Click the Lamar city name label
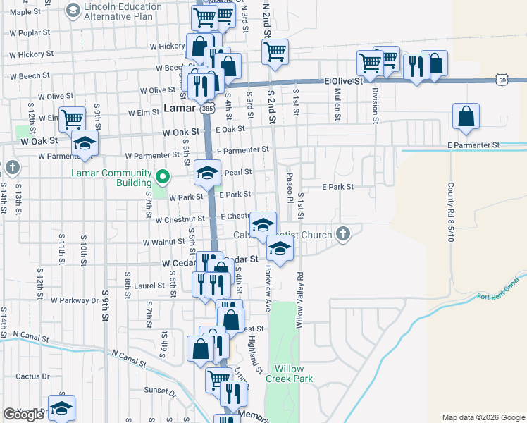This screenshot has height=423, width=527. (180, 109)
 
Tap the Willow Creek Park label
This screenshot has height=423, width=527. (289, 374)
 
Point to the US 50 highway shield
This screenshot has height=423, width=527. (501, 80)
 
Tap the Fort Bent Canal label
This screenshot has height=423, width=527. (498, 298)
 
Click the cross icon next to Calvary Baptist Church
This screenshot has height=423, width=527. (342, 233)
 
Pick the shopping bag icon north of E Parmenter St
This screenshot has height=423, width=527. (466, 117)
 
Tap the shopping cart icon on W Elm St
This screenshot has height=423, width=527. (73, 118)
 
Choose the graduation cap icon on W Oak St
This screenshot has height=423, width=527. (85, 144)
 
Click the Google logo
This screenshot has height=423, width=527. (24, 415)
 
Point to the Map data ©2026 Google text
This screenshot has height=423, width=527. (483, 417)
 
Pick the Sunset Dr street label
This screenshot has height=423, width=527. (161, 391)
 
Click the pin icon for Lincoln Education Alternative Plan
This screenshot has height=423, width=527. (73, 11)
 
